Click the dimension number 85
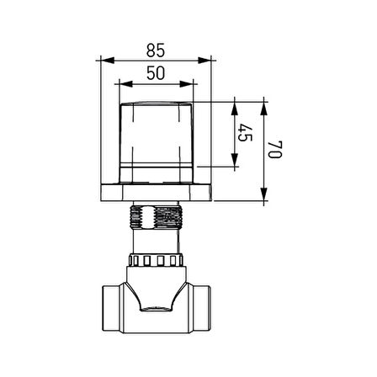(x=156, y=50)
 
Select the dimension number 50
(x=156, y=73)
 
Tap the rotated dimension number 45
(x=245, y=133)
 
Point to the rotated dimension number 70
(x=274, y=150)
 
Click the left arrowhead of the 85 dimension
(x=108, y=61)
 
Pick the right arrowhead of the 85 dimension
(x=204, y=61)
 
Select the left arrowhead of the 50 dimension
(x=126, y=84)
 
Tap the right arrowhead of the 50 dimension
(x=187, y=84)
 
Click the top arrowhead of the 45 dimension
(x=235, y=109)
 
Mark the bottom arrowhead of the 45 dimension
(x=235, y=160)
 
